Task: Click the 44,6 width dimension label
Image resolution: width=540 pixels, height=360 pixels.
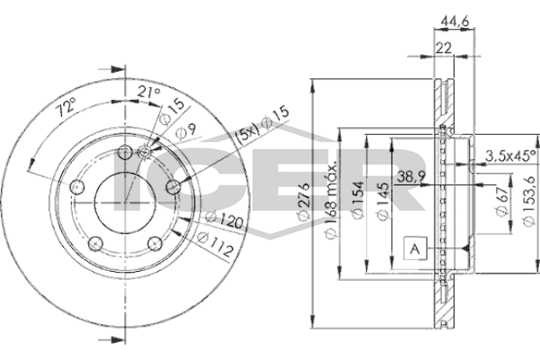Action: pyautogui.click(x=454, y=22)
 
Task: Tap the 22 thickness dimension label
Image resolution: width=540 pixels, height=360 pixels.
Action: pyautogui.click(x=444, y=48)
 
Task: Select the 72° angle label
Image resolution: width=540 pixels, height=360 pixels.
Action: pyautogui.click(x=66, y=107)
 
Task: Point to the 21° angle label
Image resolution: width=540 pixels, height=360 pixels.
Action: pyautogui.click(x=149, y=92)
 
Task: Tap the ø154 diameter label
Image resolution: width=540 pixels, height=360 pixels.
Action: pyautogui.click(x=357, y=200)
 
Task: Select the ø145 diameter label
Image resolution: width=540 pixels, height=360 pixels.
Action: pyautogui.click(x=382, y=201)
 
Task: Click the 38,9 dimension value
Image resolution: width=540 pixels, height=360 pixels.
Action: pyautogui.click(x=411, y=176)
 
